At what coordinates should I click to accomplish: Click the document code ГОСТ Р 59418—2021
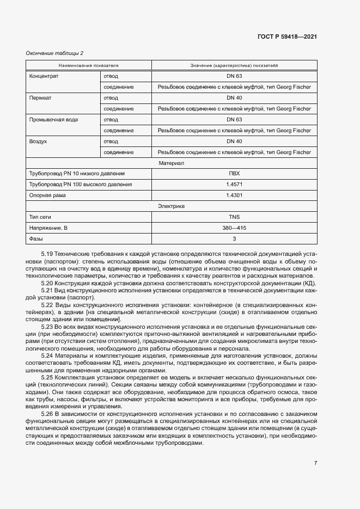287,36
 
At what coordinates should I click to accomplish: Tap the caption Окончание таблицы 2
55,53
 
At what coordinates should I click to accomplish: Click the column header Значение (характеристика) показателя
234,65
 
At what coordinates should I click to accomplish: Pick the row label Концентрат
44,76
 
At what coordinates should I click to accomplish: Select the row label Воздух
38,141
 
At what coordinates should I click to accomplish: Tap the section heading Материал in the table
171,163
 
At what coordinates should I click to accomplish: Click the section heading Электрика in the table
171,206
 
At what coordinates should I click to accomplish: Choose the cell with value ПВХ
234,174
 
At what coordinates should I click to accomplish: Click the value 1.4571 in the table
234,185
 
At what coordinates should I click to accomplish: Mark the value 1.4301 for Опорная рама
234,195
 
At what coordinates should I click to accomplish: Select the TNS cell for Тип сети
234,217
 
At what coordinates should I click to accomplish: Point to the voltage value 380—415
234,228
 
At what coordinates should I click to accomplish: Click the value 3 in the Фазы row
234,239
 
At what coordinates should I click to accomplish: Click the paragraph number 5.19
47,254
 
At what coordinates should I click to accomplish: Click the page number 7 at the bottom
315,463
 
